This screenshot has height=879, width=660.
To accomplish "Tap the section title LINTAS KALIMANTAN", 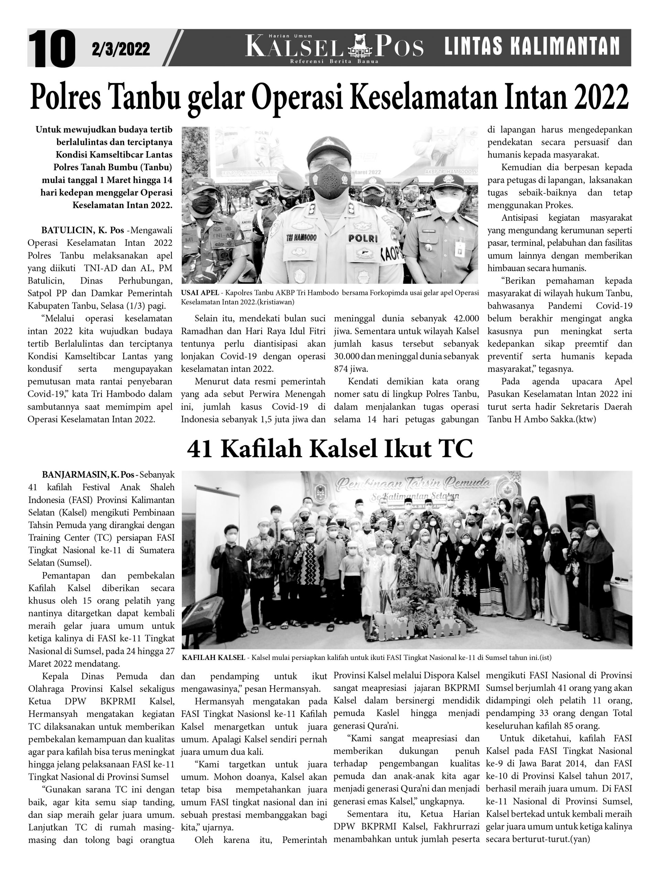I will [x=532, y=46].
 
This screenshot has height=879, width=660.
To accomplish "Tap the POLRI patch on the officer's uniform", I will [x=362, y=238].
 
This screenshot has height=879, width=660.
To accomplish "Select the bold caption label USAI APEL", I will [x=200, y=293].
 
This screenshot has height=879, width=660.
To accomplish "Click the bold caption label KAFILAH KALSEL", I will [x=213, y=657].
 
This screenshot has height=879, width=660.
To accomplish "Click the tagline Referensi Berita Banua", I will [x=334, y=61].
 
